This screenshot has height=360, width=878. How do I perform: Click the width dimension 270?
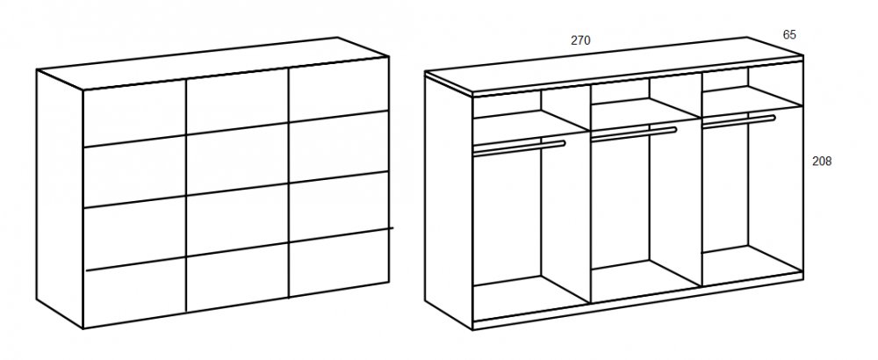(580, 40)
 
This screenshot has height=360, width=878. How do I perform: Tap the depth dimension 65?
(789, 35)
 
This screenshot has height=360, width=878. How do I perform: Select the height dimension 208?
(822, 162)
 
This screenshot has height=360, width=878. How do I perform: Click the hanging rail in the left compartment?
(520, 147)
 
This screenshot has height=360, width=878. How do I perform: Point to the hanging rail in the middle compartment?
(634, 133)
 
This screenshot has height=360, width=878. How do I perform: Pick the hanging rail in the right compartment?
(738, 121)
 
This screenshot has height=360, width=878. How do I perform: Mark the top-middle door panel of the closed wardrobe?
(237, 104)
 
